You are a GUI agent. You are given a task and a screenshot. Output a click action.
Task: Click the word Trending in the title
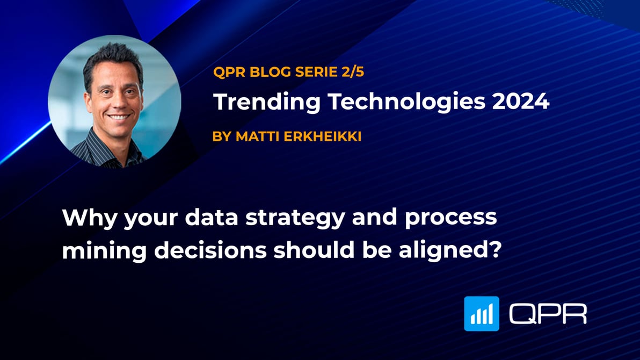(x=253, y=102)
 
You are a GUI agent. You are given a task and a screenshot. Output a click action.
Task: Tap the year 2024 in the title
(x=520, y=102)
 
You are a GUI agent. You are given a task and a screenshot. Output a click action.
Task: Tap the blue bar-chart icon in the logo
(x=482, y=313)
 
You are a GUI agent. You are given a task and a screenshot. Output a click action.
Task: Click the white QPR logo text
(x=548, y=313)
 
